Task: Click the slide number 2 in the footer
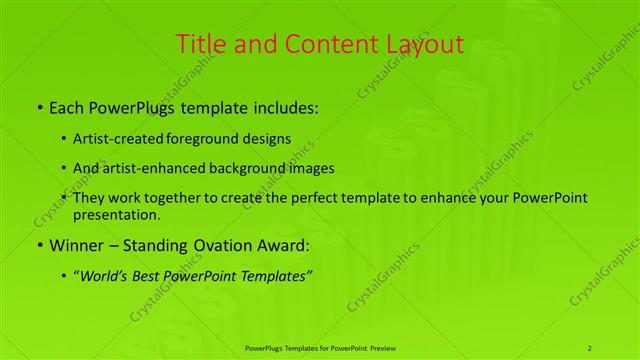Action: pos(589,347)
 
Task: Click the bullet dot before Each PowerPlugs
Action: pos(39,105)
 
